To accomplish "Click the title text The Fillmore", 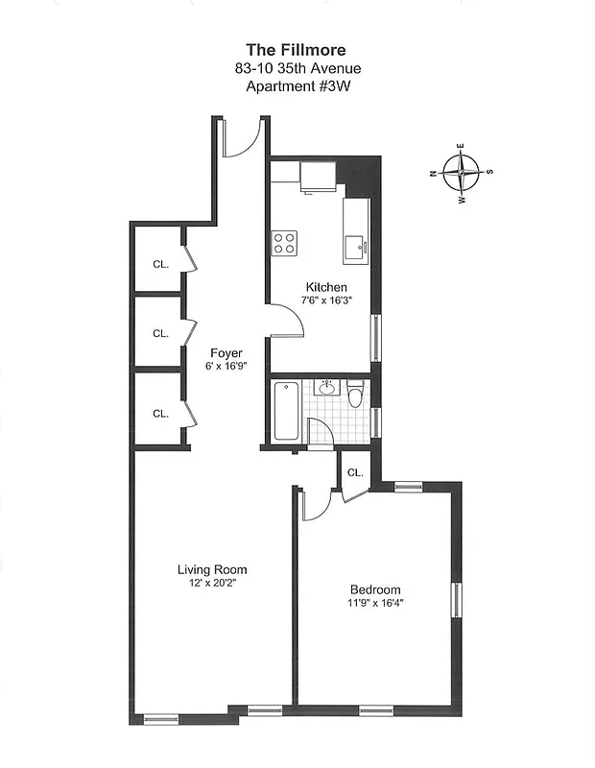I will coord(297,49).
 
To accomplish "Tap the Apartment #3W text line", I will coord(297,85).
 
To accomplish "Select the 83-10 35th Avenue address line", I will coord(297,67).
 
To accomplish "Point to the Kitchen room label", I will coord(326,287).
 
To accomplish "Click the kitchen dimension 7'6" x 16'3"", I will coord(326,300).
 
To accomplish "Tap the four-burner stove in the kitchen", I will coord(284,242).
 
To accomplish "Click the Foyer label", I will coord(226,353).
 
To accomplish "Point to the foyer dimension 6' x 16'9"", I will coord(226,366).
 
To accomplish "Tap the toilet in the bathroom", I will coord(356,395).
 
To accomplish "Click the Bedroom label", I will coord(375,589).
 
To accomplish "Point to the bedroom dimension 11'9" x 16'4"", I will coord(375,603).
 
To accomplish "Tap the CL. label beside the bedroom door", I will coord(354,472).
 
